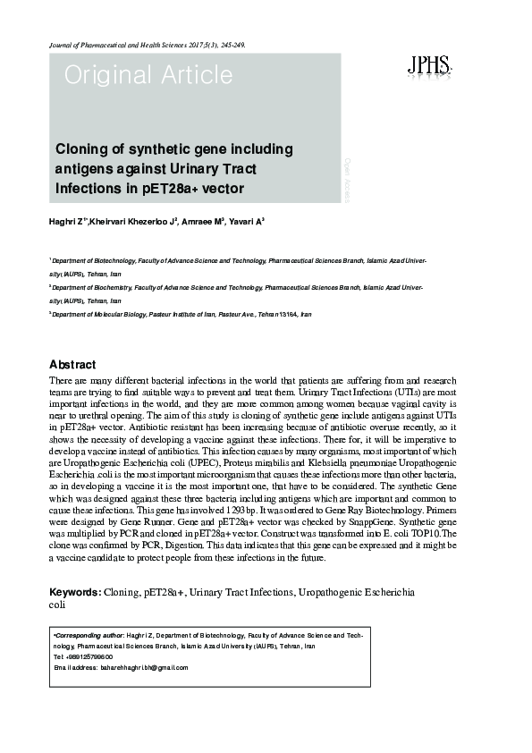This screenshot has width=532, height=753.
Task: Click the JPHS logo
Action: point(428,65)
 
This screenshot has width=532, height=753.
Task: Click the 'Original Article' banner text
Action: point(135,77)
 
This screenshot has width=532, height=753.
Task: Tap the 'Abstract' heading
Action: point(72,365)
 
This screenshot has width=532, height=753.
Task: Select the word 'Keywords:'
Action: point(74,593)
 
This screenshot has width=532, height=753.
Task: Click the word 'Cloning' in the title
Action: point(84,148)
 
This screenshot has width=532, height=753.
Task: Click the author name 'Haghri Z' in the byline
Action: point(67,221)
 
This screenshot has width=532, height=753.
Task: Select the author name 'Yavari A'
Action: point(247,221)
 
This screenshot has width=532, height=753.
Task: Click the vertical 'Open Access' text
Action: point(347,177)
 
